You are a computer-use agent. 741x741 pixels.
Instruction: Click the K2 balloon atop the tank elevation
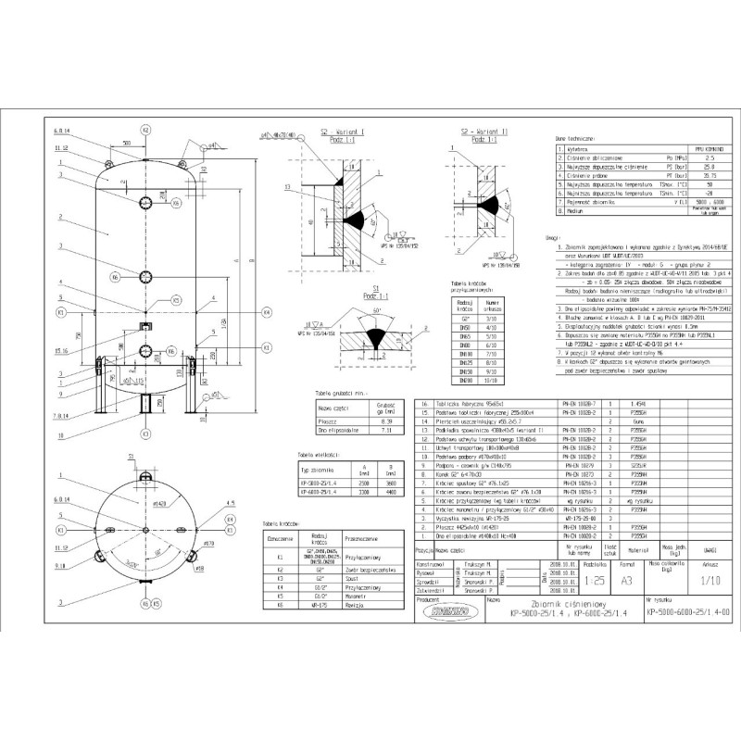pos(145,131)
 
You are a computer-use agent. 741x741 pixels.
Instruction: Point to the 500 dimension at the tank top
pos(125,144)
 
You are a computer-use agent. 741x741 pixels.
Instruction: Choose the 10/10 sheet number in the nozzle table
pos(492,380)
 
